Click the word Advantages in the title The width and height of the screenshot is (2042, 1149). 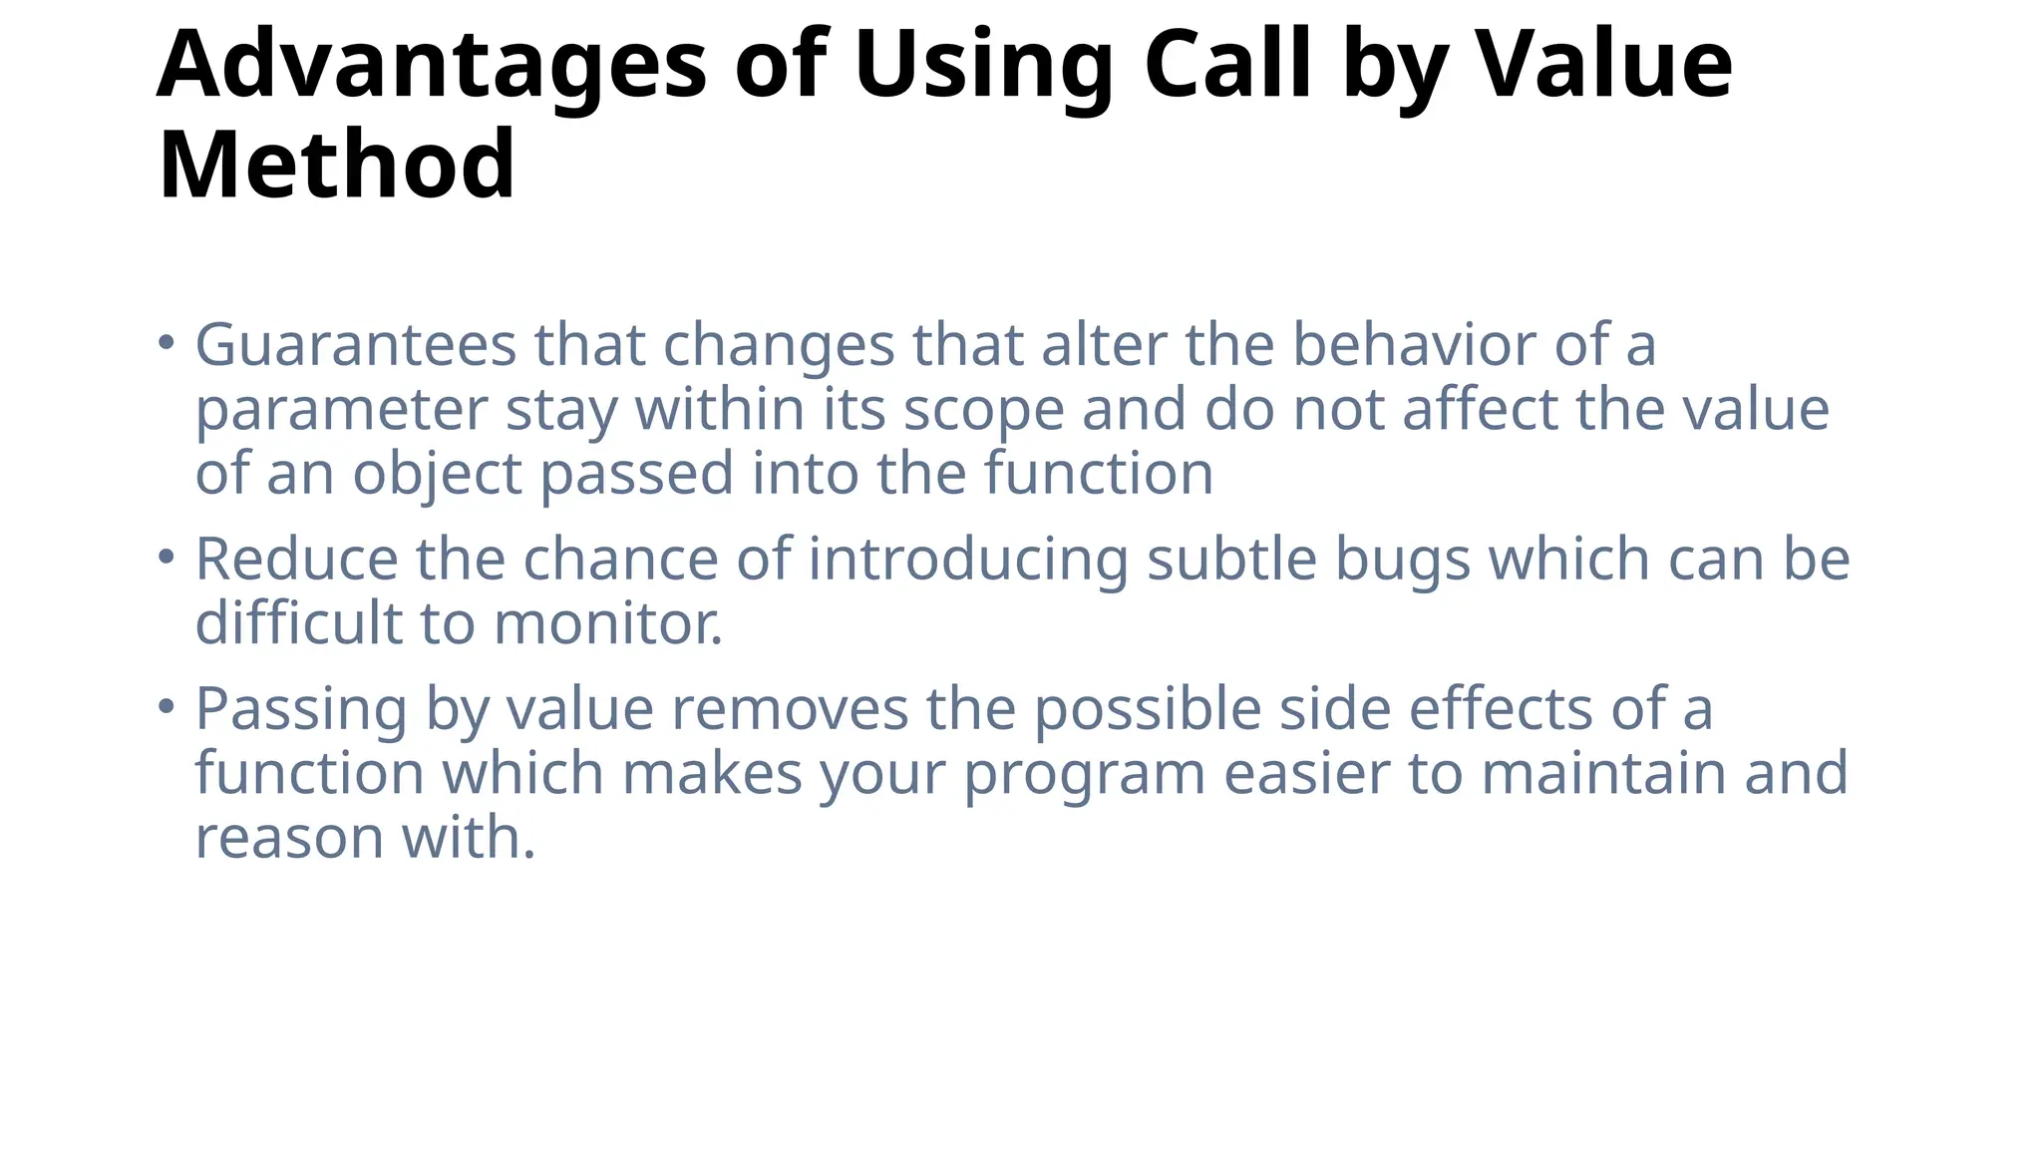coord(431,66)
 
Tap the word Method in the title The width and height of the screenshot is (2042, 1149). coord(337,165)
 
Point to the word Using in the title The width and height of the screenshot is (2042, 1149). coord(983,66)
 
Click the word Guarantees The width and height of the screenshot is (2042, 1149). coord(355,345)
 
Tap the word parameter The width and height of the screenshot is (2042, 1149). coord(341,410)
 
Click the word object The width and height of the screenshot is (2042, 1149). coord(437,474)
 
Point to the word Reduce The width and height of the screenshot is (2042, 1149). coord(296,559)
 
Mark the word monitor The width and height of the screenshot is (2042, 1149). coord(607,623)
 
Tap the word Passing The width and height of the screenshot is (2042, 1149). coord(301,710)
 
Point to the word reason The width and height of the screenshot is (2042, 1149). coord(289,838)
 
